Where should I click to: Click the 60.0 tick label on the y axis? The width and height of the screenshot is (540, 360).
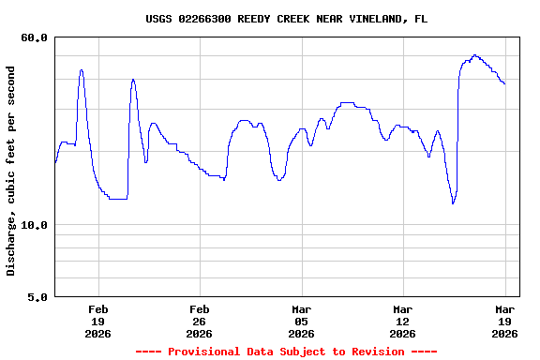pos(34,37)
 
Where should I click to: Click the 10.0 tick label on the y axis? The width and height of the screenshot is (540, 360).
pos(34,225)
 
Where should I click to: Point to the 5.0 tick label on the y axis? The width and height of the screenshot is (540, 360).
pos(37,297)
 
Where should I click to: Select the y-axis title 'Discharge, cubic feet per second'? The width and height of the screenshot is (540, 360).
pos(11,171)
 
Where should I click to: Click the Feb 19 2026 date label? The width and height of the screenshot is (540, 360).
pos(98,321)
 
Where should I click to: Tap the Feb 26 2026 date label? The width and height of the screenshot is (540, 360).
pos(200,321)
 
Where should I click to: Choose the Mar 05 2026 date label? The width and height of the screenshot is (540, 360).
pos(301,321)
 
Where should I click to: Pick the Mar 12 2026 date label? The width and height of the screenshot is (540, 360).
pos(402,321)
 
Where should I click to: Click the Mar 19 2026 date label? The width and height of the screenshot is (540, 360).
pos(505,321)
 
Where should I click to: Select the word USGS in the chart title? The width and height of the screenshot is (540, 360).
pos(158,19)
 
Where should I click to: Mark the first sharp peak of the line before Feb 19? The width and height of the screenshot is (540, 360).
pos(82,69)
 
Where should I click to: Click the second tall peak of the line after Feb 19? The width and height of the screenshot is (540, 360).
pos(133,80)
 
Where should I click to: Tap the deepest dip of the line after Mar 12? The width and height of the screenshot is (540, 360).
pos(453,202)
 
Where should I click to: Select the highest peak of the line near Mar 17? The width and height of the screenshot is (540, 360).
pos(475,55)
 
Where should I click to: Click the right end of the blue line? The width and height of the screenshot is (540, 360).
pos(504,83)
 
